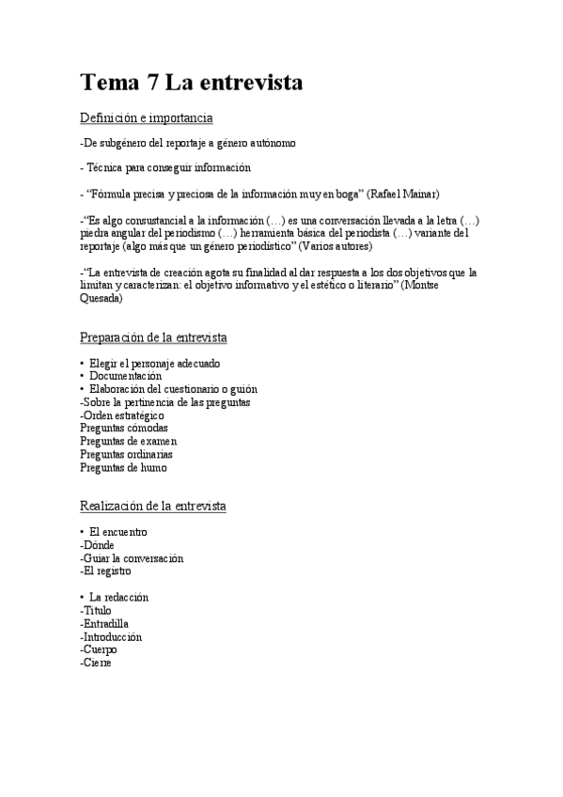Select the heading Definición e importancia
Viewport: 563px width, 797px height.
coord(147,117)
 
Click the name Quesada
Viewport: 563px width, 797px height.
coord(101,298)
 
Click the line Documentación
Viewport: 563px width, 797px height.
coord(127,376)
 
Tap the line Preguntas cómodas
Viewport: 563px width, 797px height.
coord(124,428)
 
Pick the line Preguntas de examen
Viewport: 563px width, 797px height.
coord(128,441)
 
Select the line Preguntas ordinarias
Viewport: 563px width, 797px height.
coord(127,454)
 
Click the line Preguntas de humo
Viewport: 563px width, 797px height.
coord(123,467)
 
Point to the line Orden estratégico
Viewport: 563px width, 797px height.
coord(123,414)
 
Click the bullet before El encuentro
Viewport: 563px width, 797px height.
coord(83,532)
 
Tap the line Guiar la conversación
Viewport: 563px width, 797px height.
coord(133,558)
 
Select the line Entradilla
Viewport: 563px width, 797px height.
coord(105,623)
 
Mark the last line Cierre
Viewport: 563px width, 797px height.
coord(98,663)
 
